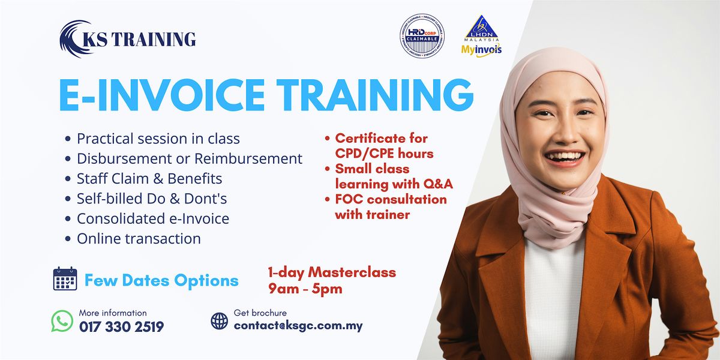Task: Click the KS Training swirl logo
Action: [73, 39]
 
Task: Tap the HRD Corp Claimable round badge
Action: [422, 35]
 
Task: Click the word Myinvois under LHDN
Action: [481, 50]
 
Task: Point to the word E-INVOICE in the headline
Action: [161, 95]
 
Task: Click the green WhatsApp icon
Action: [62, 321]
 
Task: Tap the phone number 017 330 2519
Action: [121, 327]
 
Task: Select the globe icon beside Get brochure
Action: [219, 321]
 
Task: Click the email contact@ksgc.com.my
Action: [298, 326]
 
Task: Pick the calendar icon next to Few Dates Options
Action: [65, 278]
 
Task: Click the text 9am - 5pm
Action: [305, 289]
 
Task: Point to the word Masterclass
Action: [352, 272]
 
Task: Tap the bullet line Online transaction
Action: [139, 239]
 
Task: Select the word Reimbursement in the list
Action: [248, 159]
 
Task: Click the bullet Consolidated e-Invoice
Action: [152, 219]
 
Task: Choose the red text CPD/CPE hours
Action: [384, 154]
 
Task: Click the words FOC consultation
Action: [391, 199]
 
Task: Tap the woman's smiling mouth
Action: [565, 158]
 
